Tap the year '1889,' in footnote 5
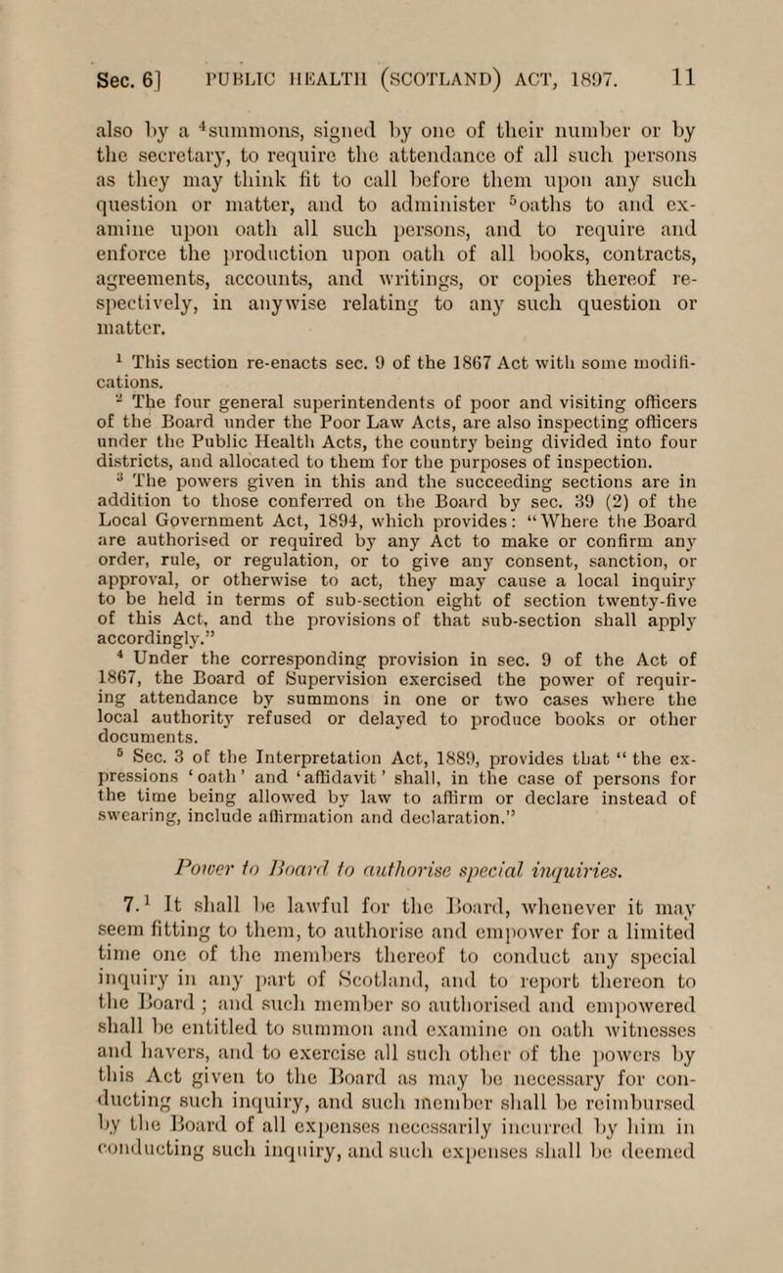click(425, 741)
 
